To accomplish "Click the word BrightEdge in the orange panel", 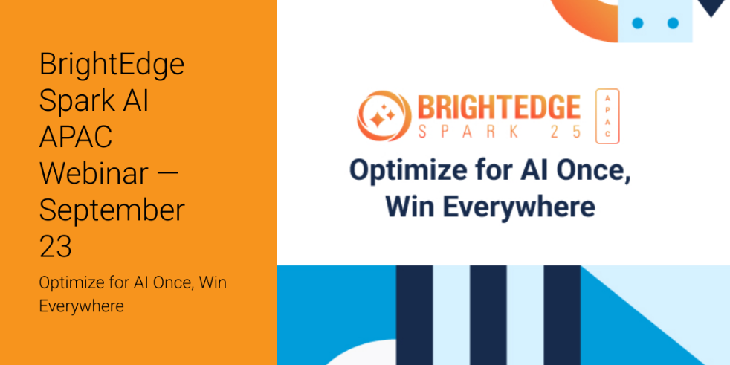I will coord(112,65).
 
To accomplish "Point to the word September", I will coord(112,210).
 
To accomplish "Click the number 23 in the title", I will coord(56,246).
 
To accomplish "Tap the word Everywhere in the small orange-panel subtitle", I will coord(81,306).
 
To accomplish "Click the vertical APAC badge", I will coord(607,116).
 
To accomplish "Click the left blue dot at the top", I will coord(638,23).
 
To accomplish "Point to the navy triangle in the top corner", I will coord(714,7).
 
